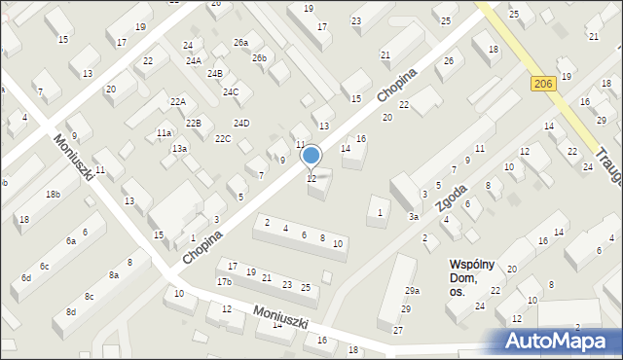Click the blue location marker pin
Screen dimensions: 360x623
point(311,156)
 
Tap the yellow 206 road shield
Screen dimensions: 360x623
point(544,86)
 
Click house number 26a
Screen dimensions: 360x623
point(240,43)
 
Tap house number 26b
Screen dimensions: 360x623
point(259,58)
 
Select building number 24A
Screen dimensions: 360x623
point(194,61)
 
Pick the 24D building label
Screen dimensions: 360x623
point(240,123)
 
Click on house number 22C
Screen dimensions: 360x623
point(223,139)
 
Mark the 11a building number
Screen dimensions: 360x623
point(165,133)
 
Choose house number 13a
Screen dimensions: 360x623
point(179,149)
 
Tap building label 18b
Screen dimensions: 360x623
point(53,195)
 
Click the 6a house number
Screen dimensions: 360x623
point(70,240)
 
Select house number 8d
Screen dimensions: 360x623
point(70,311)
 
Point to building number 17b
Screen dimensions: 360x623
point(224,282)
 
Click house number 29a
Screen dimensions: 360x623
point(413,291)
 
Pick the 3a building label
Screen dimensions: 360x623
point(414,216)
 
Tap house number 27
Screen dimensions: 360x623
point(397,331)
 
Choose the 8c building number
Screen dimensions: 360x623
point(90,296)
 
